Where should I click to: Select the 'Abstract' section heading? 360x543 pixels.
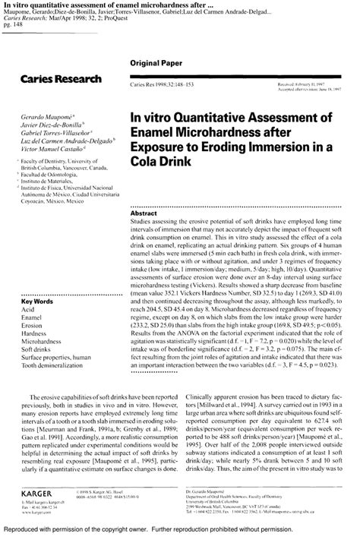click(x=145, y=215)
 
